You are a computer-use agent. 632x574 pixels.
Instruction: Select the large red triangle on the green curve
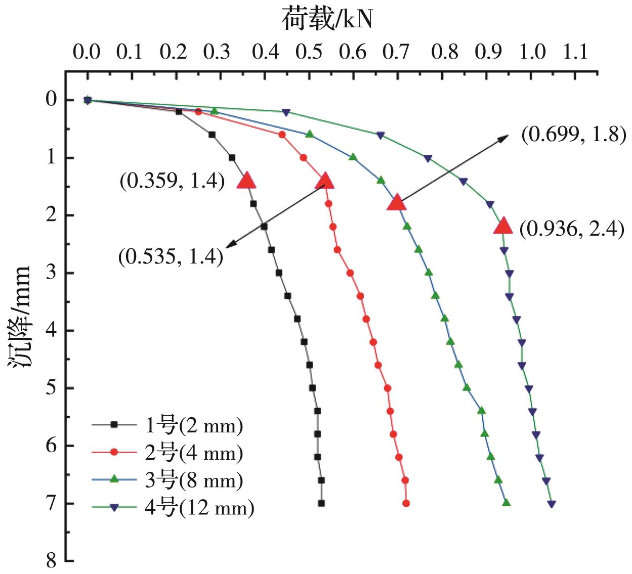(503, 226)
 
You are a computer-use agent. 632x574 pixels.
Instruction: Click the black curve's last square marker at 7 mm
(321, 503)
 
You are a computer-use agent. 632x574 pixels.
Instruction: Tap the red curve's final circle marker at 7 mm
(406, 503)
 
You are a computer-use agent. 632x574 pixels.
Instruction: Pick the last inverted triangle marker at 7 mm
(552, 504)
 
